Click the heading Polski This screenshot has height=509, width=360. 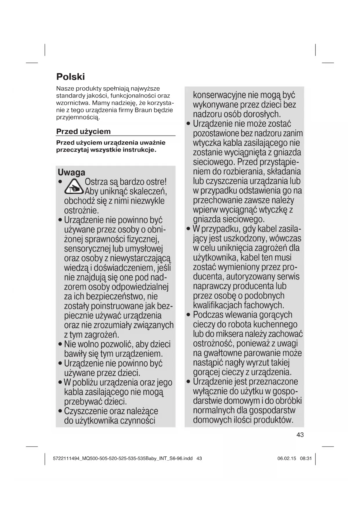70,77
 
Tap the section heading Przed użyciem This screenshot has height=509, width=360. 83,131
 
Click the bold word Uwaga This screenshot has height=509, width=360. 71,172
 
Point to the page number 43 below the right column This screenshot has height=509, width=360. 300,435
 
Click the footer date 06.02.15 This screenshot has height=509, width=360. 287,459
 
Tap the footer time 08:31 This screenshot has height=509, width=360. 306,459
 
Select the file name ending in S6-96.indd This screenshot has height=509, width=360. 123,459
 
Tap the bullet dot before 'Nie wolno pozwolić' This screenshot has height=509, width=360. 60,345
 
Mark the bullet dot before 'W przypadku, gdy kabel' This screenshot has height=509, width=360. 188,229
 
